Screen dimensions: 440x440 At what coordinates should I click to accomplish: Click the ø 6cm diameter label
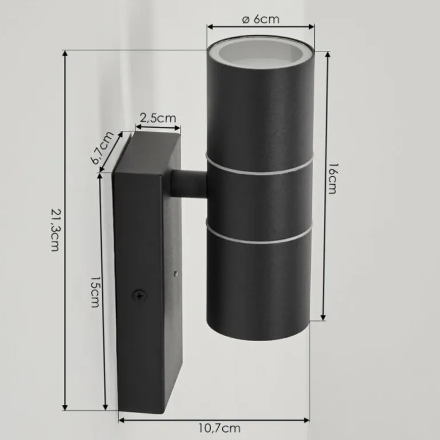261,19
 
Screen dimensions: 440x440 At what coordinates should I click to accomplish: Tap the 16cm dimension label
333,178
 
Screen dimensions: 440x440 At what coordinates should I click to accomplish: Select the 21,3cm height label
55,230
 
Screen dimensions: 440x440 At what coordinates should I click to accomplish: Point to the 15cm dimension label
95,292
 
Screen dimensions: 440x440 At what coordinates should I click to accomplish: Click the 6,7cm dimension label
102,147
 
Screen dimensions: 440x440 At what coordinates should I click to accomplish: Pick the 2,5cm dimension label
158,118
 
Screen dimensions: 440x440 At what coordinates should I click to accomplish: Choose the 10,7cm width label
220,428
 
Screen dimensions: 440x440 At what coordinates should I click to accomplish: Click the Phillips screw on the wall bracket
139,295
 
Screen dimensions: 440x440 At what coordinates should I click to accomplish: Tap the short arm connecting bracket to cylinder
189,183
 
